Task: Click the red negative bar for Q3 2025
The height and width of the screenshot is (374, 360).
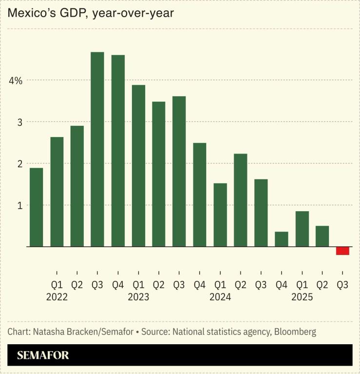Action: [342, 251]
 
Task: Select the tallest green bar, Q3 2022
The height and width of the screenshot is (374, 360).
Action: [97, 149]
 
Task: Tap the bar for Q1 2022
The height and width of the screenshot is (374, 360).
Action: [57, 192]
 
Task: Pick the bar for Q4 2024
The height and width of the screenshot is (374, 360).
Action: [281, 239]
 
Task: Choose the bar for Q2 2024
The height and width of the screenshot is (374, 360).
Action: [240, 200]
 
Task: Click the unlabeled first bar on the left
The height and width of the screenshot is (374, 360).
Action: [37, 207]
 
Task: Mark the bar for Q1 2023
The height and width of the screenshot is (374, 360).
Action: [138, 166]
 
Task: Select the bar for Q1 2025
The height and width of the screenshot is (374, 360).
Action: [302, 229]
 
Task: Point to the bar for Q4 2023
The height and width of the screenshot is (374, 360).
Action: [200, 195]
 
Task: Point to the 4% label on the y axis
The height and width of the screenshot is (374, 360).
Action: [15, 80]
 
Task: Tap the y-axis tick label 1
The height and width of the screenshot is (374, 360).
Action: [20, 205]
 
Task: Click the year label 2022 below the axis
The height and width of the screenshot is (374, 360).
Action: [57, 296]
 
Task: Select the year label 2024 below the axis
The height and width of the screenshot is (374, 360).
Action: [220, 296]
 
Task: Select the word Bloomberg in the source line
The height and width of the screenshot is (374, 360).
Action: [295, 332]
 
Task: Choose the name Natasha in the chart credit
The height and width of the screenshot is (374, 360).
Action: [49, 332]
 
